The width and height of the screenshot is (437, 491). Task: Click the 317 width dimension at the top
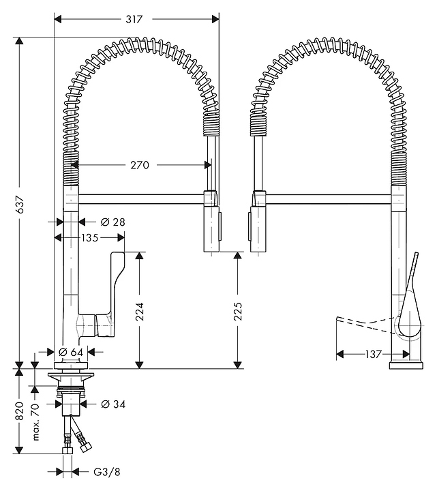pos(134,20)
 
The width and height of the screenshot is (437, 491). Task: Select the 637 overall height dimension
pos(20,203)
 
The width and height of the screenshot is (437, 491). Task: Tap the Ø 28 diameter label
pos(113,222)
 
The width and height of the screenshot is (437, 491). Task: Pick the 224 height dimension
pos(139,311)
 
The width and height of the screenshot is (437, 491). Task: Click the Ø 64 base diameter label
pos(72,351)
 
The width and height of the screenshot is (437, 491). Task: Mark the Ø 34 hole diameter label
pos(114,404)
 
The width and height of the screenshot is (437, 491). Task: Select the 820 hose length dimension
pos(20,409)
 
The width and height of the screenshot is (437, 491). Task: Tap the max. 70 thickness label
pos(35,421)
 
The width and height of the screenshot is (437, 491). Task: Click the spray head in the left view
pos(212,228)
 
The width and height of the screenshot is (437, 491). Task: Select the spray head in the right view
pos(257,228)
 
